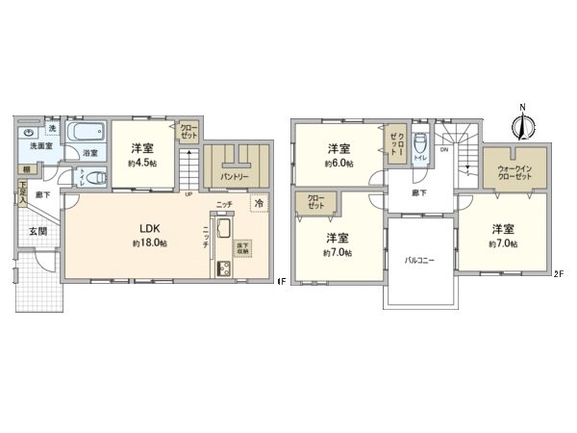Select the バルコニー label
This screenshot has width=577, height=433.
click(x=419, y=261)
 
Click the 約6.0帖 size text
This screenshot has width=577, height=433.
click(x=337, y=164)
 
